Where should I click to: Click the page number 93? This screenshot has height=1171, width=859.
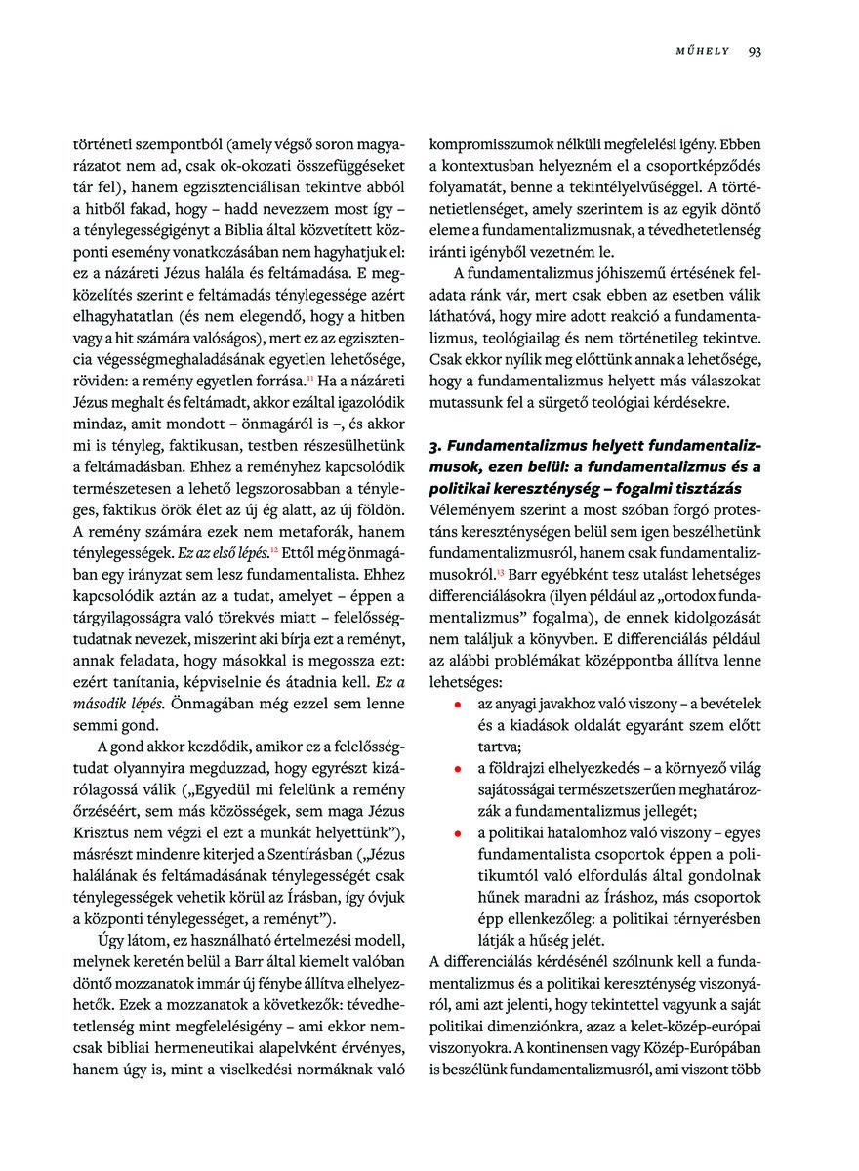(755, 52)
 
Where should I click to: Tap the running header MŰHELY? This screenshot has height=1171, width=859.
(703, 52)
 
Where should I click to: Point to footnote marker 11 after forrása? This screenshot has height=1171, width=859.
(311, 375)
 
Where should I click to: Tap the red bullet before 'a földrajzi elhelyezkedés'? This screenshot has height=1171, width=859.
(456, 769)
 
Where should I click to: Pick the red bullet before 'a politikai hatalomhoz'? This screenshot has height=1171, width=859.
(456, 834)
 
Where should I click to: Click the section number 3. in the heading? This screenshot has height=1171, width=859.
(436, 446)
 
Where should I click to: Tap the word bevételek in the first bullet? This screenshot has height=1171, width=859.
(726, 703)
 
